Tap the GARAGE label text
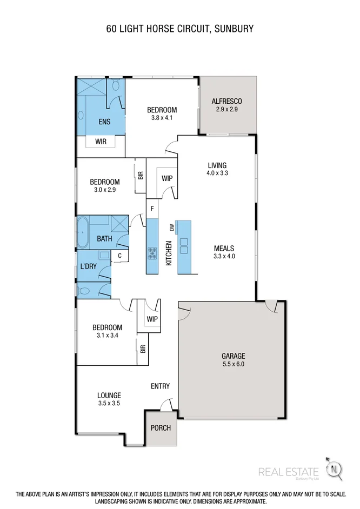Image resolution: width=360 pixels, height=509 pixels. pos(233,356)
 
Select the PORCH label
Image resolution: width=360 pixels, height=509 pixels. pos(160,428)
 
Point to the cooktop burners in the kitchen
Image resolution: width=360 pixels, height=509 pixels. pos(152,251)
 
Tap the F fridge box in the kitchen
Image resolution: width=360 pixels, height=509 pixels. pos(152,209)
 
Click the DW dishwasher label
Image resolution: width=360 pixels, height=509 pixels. pos(171,228)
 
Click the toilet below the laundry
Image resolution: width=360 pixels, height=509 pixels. pos(84,291)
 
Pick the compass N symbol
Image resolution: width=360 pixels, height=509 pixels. pos(336,468)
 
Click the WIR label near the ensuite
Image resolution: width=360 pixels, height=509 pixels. pos(101,142)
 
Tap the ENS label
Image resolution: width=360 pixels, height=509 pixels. pos(104,122)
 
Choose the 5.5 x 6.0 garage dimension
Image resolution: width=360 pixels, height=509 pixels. pos(233,364)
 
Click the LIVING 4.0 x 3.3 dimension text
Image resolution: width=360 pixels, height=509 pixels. pos(217,173)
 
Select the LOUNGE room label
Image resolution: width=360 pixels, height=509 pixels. pos(109,395)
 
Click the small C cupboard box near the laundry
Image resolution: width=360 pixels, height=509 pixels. pos(119,256)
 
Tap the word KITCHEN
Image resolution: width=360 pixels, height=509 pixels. pos(168,252)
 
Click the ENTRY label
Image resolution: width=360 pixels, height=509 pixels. pos(160,386)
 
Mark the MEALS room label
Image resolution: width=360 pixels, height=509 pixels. pos(224,249)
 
